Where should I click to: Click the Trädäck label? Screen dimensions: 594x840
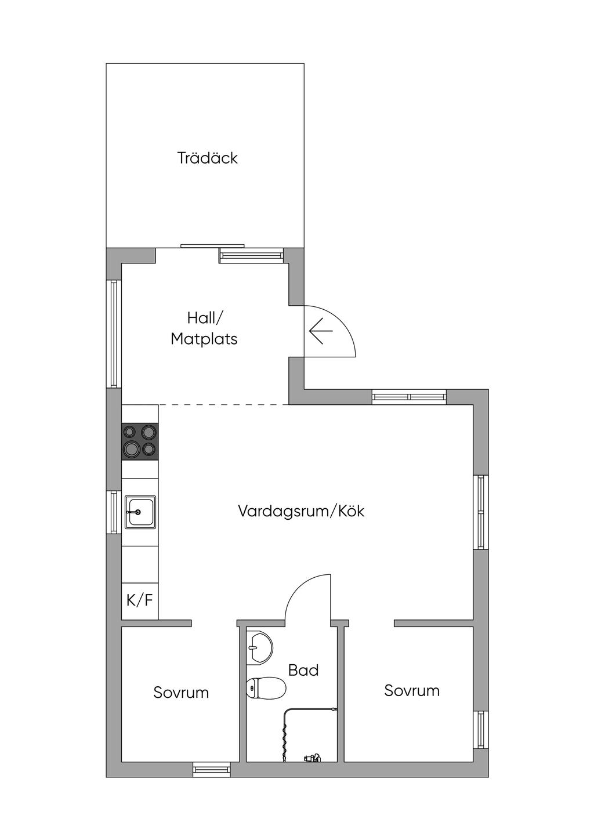(207, 158)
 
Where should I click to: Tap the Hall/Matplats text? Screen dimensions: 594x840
(204, 329)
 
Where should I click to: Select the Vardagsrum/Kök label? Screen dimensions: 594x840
(301, 511)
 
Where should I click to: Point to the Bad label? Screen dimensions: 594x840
(303, 670)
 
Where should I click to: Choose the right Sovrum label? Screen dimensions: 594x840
(412, 690)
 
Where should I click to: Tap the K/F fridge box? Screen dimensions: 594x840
(140, 600)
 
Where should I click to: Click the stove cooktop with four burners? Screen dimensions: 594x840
(140, 441)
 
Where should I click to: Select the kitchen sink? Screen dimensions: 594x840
(140, 512)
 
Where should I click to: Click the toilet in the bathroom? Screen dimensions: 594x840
(266, 688)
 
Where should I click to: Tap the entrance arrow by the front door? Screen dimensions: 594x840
(321, 331)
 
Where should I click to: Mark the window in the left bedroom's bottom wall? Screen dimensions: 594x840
(212, 770)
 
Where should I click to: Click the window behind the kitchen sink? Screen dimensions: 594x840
(114, 512)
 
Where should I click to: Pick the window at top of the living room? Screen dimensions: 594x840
(409, 397)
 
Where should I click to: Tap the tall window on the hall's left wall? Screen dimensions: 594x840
(114, 334)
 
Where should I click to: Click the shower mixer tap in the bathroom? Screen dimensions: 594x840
(312, 758)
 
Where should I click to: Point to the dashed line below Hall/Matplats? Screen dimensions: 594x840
(224, 404)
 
